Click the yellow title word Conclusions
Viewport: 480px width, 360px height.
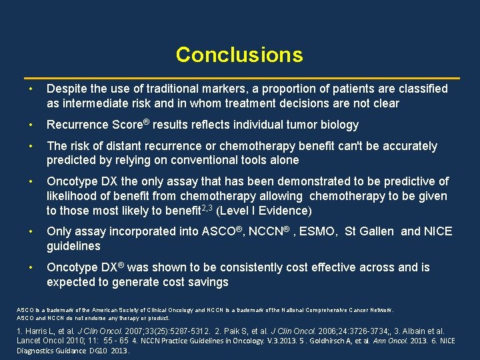pyautogui.click(x=239, y=55)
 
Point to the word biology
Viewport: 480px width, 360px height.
pyautogui.click(x=339, y=125)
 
